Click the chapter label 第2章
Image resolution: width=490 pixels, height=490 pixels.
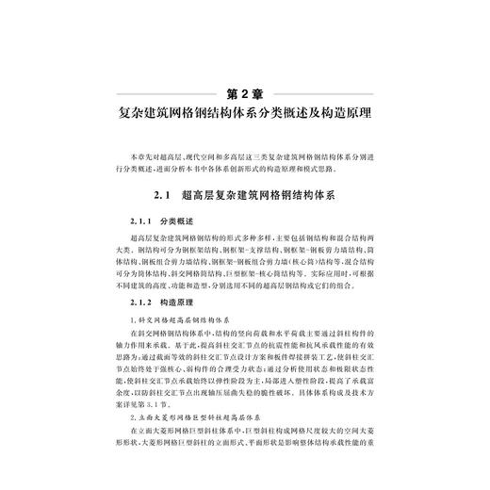tap(245, 93)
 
